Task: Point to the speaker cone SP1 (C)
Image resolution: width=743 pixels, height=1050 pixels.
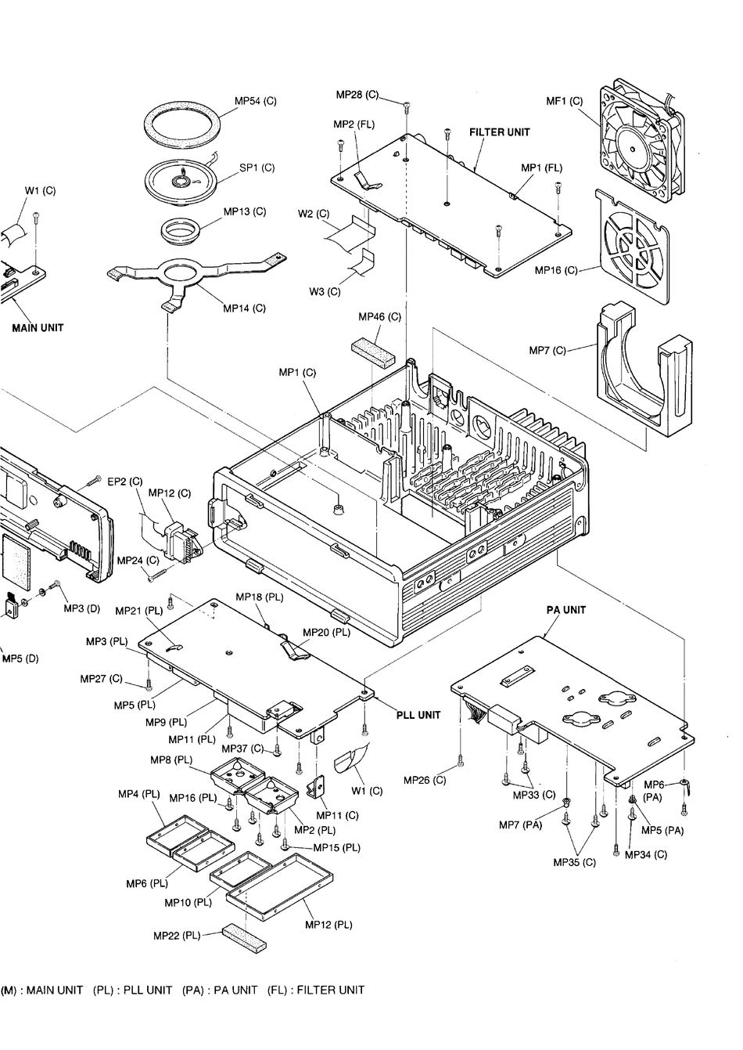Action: pos(181,181)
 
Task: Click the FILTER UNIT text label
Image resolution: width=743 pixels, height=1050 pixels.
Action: pos(499,132)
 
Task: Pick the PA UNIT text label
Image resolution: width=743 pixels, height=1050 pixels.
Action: pos(565,610)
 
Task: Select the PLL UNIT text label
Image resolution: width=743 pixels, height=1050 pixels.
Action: pos(418,715)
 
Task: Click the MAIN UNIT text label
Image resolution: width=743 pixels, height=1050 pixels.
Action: pos(38,328)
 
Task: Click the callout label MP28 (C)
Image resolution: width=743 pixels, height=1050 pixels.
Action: pos(357,95)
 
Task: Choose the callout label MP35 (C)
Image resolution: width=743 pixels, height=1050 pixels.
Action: pos(574,862)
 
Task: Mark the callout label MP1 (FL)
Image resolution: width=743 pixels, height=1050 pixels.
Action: pos(541,168)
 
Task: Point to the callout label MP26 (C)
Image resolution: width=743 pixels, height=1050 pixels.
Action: pos(425,780)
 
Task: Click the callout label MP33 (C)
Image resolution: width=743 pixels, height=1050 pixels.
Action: pos(534,795)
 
